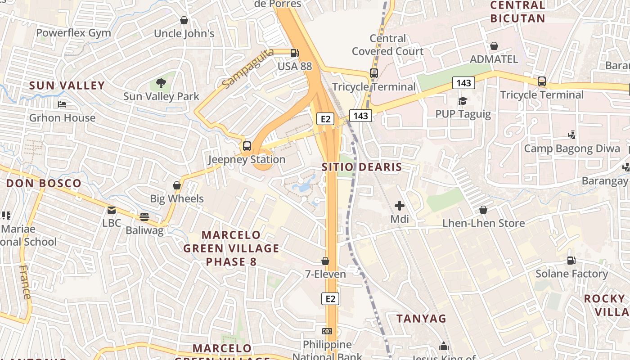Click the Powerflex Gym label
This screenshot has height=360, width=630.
pyautogui.click(x=73, y=33)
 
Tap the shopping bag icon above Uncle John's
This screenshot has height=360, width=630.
pyautogui.click(x=184, y=20)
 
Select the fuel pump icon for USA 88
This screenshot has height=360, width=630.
pyautogui.click(x=294, y=53)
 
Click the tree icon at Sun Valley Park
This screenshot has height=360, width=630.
pyautogui.click(x=161, y=83)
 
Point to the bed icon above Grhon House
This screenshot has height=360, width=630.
pyautogui.click(x=62, y=104)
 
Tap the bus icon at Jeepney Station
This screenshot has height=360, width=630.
pyautogui.click(x=247, y=146)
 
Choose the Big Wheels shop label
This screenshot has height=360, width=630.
pyautogui.click(x=177, y=198)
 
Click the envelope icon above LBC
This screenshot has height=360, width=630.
pyautogui.click(x=112, y=210)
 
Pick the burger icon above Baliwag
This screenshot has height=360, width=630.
pyautogui.click(x=144, y=217)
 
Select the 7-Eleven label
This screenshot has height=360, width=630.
pyautogui.click(x=325, y=274)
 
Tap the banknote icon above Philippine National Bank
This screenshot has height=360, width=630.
pyautogui.click(x=327, y=331)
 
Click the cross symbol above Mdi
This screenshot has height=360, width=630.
pyautogui.click(x=399, y=206)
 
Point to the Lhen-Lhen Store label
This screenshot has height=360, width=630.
pyautogui.click(x=483, y=223)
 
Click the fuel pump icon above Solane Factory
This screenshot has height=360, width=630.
pyautogui.click(x=571, y=260)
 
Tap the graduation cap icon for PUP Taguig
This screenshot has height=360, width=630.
pyautogui.click(x=463, y=101)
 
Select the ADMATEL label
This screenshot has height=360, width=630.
pyautogui.click(x=494, y=59)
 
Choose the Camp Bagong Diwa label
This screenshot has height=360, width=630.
pyautogui.click(x=572, y=148)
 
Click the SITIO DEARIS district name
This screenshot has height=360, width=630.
pyautogui.click(x=362, y=167)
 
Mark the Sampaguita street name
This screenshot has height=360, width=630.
pyautogui.click(x=247, y=68)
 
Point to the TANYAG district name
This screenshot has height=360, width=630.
pyautogui.click(x=421, y=318)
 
